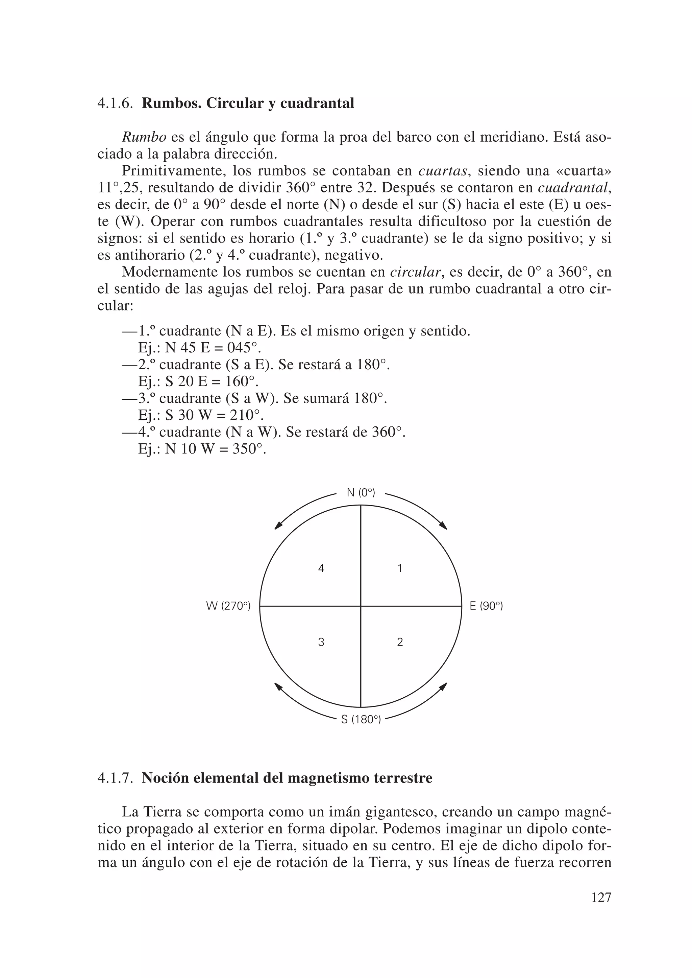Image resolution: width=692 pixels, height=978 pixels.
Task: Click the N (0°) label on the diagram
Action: point(361,493)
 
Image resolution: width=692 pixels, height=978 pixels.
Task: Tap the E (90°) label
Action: point(486,606)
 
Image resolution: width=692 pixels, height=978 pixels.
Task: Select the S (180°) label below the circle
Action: point(361,720)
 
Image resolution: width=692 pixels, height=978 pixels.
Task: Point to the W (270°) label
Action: point(228,606)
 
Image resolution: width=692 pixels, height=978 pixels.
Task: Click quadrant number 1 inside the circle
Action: point(400,568)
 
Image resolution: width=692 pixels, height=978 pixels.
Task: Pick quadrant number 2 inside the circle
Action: point(400,642)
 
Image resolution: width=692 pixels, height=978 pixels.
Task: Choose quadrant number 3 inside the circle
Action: point(321,642)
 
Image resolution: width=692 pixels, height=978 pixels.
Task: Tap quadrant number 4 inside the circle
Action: point(321,568)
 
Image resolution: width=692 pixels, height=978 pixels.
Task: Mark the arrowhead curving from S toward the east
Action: point(444,686)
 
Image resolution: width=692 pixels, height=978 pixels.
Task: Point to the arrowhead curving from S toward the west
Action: point(278,686)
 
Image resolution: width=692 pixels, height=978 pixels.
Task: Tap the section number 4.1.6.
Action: point(115,103)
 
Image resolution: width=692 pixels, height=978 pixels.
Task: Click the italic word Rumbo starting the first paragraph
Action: point(144,137)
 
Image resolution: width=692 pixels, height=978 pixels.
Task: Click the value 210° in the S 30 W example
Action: point(246,415)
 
